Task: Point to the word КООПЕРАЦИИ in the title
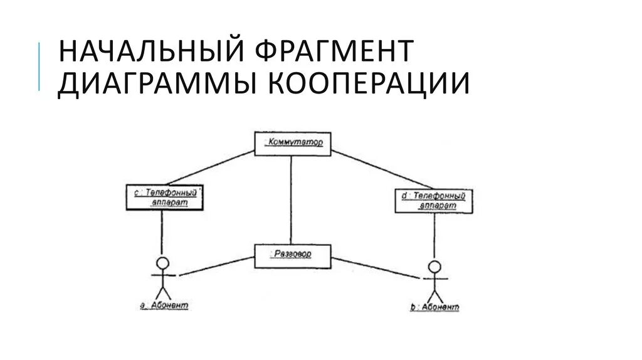point(370,85)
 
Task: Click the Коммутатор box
point(293,144)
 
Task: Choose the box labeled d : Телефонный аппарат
point(434,201)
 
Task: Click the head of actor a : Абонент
point(162,262)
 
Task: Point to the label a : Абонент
point(162,305)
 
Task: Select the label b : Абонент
point(434,307)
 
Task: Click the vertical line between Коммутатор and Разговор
point(291,201)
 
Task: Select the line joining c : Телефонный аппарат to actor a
point(162,232)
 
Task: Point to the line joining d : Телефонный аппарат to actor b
point(434,236)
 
